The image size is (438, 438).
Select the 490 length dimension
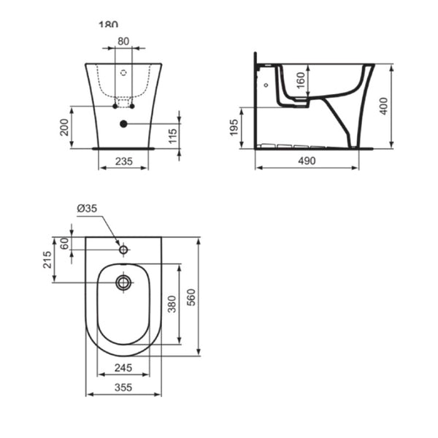point(307,161)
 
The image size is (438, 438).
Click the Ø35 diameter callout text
point(87,209)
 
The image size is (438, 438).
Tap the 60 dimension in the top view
point(64,243)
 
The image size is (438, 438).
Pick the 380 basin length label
point(172,303)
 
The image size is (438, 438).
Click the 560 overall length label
point(192,297)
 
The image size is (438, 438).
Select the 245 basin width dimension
point(123,367)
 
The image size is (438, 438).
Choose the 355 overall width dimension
point(123,388)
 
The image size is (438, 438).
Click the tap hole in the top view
point(123,250)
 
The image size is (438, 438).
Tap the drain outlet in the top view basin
point(123,282)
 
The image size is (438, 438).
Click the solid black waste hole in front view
point(123,124)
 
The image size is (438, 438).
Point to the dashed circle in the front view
point(123,73)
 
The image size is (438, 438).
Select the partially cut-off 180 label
point(108,24)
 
